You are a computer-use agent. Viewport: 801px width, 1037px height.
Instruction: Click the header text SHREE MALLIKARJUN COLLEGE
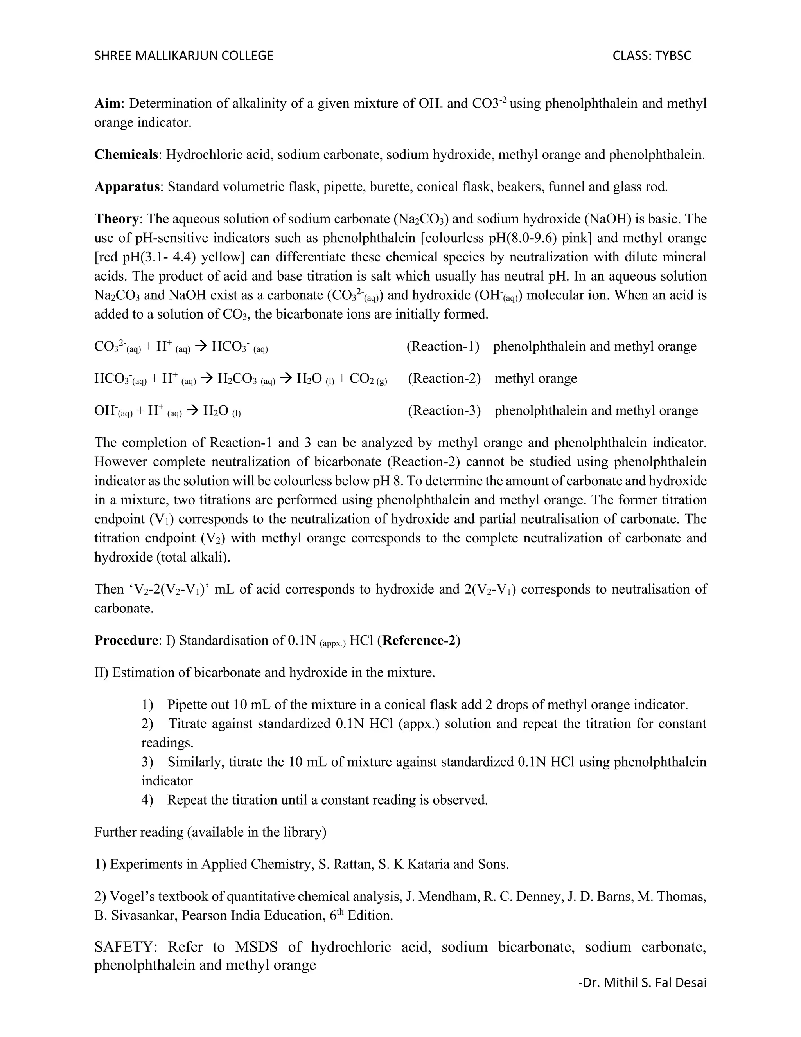[x=184, y=56]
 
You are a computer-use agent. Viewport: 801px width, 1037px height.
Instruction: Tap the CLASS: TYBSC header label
[x=652, y=56]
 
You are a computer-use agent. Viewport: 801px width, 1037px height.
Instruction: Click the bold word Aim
[x=107, y=104]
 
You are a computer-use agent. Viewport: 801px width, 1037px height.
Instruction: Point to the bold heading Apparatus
[x=127, y=187]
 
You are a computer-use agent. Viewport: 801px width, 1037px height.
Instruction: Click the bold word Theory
[x=117, y=219]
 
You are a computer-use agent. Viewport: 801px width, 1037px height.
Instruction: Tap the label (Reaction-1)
[x=443, y=347]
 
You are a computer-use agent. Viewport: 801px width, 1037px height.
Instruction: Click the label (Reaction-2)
[x=444, y=378]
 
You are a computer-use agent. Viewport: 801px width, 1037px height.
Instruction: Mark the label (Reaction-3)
[x=444, y=411]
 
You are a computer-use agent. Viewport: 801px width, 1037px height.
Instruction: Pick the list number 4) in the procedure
[x=147, y=800]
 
